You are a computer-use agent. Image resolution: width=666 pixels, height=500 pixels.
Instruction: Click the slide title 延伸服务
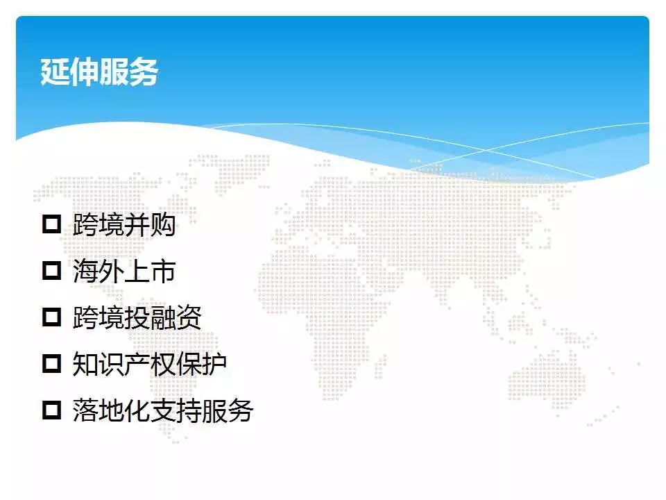click(99, 72)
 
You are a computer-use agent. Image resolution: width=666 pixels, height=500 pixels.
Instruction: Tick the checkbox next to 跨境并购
click(52, 224)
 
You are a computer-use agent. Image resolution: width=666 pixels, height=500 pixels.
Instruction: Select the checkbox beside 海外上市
click(52, 270)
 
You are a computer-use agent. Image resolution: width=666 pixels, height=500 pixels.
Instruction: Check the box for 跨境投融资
click(52, 317)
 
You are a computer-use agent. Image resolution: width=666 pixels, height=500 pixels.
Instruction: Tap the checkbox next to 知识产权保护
click(52, 363)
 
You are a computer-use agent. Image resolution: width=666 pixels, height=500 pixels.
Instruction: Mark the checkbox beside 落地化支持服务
click(52, 410)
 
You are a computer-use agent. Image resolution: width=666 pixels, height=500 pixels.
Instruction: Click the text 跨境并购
click(124, 224)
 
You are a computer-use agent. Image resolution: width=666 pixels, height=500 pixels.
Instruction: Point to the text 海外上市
click(124, 271)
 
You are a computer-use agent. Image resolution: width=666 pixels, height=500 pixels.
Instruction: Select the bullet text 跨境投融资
click(137, 317)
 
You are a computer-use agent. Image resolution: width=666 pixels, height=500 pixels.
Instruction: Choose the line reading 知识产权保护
click(150, 364)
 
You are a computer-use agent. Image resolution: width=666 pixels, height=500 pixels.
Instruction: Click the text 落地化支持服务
click(162, 410)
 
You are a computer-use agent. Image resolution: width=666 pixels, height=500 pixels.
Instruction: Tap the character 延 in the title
click(55, 72)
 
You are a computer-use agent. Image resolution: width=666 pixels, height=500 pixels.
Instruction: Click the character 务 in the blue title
click(144, 72)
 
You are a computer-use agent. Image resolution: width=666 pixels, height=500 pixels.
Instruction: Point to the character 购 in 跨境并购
click(163, 224)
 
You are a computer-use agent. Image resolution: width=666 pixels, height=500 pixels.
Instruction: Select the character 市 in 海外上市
click(163, 271)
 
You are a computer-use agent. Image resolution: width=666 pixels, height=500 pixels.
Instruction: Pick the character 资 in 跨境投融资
click(189, 317)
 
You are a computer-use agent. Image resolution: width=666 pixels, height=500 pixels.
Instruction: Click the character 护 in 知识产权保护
click(214, 364)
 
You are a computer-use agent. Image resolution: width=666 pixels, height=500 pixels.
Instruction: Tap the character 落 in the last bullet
click(85, 410)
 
